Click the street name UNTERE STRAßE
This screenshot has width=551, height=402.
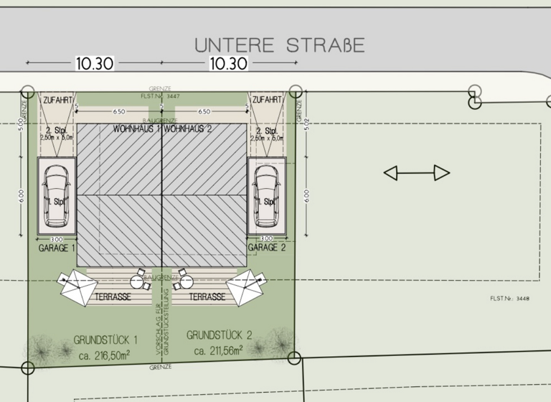280,45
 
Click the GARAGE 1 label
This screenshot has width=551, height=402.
57,247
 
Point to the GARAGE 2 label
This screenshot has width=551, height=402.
266,247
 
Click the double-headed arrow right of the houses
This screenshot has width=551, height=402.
417,172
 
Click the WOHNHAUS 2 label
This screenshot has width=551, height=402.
189,130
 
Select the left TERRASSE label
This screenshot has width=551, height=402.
112,296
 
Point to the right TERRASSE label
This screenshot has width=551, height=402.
208,296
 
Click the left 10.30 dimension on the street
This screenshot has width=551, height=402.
94,63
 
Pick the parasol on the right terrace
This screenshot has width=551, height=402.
245,287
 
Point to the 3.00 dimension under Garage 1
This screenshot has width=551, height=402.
56,238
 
